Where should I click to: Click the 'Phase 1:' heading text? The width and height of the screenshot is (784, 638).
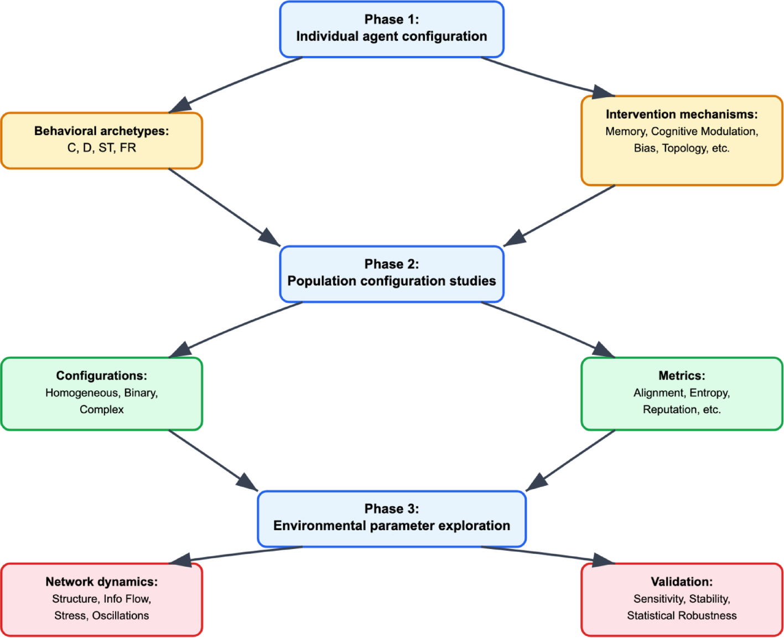391,19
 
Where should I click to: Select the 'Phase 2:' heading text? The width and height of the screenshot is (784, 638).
391,264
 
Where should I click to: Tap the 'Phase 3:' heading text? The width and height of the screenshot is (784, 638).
391,509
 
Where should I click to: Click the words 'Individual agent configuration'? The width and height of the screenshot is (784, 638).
391,36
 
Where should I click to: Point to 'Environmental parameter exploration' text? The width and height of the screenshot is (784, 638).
391,526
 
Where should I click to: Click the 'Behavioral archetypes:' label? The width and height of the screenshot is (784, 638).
101,131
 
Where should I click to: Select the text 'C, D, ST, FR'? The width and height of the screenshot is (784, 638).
101,148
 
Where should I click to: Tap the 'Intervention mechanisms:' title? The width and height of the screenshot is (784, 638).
681,114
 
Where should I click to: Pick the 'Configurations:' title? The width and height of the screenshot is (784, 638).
101,376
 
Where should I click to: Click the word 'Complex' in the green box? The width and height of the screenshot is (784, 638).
101,410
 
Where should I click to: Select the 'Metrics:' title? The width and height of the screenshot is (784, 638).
681,376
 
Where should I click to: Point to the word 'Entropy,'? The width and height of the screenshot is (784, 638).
709,393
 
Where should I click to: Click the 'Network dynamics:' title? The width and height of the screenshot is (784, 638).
101,582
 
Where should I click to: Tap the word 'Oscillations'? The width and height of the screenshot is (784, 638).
120,616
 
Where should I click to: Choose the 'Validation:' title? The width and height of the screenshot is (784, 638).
681,582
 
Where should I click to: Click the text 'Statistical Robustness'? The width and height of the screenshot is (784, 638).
681,616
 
